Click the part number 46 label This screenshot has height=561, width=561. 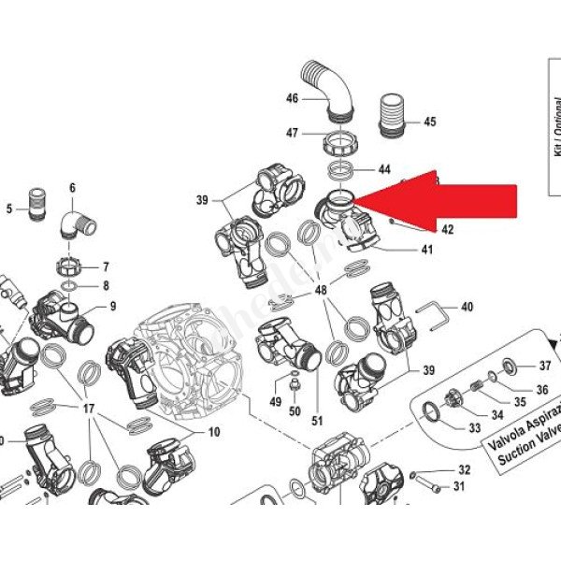(291, 98)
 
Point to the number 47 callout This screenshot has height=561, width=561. (291, 134)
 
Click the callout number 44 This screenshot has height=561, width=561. (384, 170)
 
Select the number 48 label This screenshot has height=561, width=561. (321, 291)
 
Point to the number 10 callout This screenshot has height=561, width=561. (213, 432)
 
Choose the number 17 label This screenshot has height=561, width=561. (90, 409)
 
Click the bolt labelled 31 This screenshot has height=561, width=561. (431, 486)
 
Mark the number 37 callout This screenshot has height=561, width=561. (546, 365)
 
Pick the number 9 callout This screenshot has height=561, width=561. (112, 306)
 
